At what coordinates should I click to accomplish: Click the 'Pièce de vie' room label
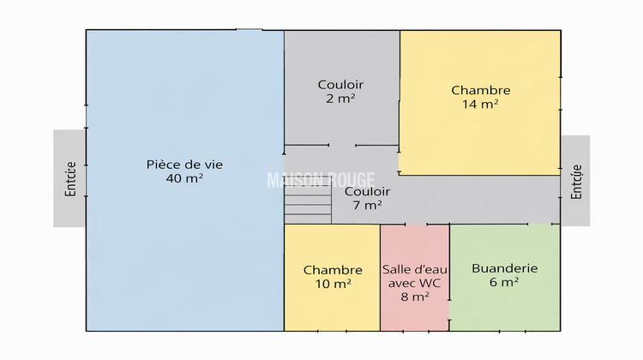click(185, 164)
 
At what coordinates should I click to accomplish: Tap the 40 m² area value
click(185, 178)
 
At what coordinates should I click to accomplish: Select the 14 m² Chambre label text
click(480, 90)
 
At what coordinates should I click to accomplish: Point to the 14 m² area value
click(480, 104)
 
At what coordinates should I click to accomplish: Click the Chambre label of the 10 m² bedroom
click(332, 270)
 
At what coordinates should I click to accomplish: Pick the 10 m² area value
click(332, 284)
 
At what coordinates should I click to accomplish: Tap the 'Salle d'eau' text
click(414, 269)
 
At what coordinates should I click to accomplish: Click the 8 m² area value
click(415, 297)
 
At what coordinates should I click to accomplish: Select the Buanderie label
click(504, 268)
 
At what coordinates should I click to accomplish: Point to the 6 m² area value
click(504, 282)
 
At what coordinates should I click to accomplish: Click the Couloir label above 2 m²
click(340, 84)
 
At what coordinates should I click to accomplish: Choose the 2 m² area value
click(340, 99)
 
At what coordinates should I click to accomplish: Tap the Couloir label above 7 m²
click(367, 191)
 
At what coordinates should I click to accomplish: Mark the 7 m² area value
click(367, 205)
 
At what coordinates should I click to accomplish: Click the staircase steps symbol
click(308, 206)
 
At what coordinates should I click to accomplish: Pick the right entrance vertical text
click(576, 181)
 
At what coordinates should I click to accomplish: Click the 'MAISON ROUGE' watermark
click(321, 179)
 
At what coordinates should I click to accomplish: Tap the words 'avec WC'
click(415, 283)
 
